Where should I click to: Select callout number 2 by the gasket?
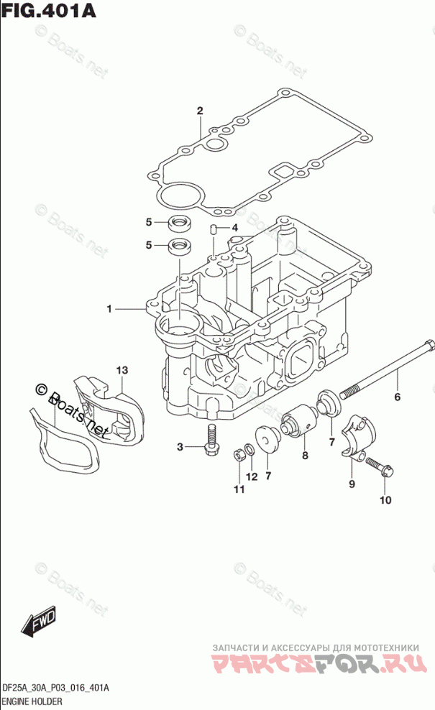tap(200, 111)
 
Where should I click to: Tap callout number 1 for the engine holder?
tap(110, 309)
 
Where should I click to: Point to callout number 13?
tap(123, 369)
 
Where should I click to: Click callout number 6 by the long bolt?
tap(396, 397)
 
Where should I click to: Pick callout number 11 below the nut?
tap(238, 489)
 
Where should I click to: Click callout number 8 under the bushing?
tap(304, 455)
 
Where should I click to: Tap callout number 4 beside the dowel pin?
tap(234, 229)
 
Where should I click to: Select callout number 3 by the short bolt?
tap(180, 448)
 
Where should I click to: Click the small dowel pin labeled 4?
tap(214, 229)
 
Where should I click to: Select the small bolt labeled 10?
tap(378, 468)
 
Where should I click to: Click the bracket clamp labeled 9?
tap(357, 435)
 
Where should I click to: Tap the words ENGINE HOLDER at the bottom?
tap(33, 701)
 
